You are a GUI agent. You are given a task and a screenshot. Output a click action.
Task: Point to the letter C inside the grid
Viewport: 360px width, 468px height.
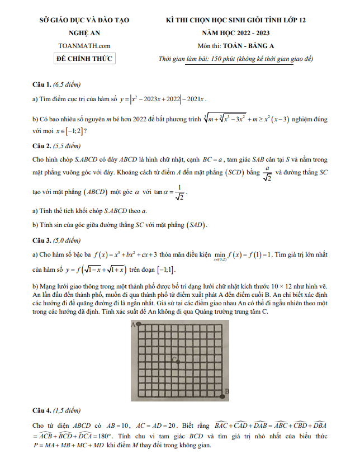click(x=175, y=359)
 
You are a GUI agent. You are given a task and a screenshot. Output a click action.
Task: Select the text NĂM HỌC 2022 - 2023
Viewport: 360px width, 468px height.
click(x=236, y=33)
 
